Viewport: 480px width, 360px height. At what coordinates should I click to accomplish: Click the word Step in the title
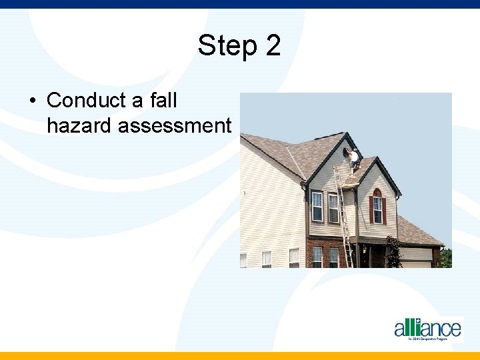point(227,46)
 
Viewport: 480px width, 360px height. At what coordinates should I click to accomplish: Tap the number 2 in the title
point(273,46)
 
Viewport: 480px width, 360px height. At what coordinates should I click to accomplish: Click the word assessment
point(175,125)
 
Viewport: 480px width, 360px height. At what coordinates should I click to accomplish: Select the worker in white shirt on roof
point(355,159)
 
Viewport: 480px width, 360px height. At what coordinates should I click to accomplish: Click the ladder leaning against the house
point(343,213)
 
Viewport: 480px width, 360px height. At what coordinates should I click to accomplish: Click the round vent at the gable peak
point(346,153)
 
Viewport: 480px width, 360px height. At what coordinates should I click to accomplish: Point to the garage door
point(417,264)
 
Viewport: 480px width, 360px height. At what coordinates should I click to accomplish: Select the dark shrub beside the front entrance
point(393,253)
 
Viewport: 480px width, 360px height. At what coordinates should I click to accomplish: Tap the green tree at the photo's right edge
point(446,258)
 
